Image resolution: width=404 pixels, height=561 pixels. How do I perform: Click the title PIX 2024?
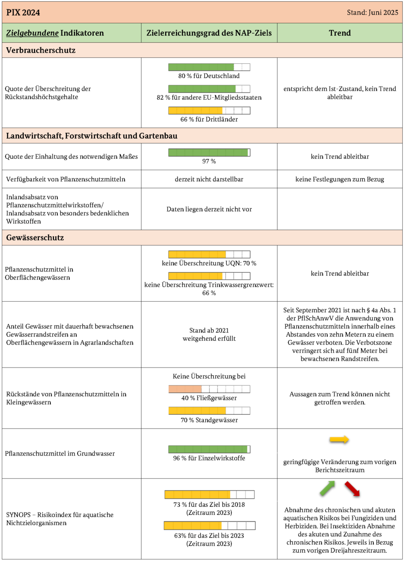[23, 13]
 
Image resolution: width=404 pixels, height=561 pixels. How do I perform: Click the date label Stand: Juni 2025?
[372, 13]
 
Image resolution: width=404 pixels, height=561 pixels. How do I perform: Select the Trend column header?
[340, 33]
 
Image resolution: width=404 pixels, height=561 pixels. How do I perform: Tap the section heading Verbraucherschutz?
[41, 50]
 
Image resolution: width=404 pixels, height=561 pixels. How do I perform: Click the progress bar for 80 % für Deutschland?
[209, 67]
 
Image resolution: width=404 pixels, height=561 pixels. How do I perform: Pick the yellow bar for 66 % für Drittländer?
[209, 110]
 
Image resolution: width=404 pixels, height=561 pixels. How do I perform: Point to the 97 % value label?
[209, 161]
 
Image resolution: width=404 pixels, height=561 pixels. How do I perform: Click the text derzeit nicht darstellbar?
[209, 180]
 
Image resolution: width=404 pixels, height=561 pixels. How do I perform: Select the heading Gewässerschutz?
[35, 238]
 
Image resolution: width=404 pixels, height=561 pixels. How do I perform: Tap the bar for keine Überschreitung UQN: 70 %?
[209, 254]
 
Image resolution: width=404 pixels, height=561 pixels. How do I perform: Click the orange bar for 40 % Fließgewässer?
[209, 389]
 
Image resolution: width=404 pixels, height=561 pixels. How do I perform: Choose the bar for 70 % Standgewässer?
[209, 411]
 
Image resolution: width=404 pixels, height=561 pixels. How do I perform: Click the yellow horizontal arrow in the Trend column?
[339, 440]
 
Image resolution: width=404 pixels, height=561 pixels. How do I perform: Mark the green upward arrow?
[328, 488]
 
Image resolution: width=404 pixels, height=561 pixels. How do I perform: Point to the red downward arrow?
[352, 489]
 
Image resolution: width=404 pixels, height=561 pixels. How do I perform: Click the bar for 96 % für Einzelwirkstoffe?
[209, 449]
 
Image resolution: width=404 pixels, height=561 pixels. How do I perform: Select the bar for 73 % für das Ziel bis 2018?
[209, 495]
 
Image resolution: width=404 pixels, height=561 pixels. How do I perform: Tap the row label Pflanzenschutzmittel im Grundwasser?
[60, 454]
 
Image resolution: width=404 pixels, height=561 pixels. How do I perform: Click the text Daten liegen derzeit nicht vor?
[209, 209]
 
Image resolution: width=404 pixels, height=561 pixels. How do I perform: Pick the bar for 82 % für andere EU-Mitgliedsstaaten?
[209, 89]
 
